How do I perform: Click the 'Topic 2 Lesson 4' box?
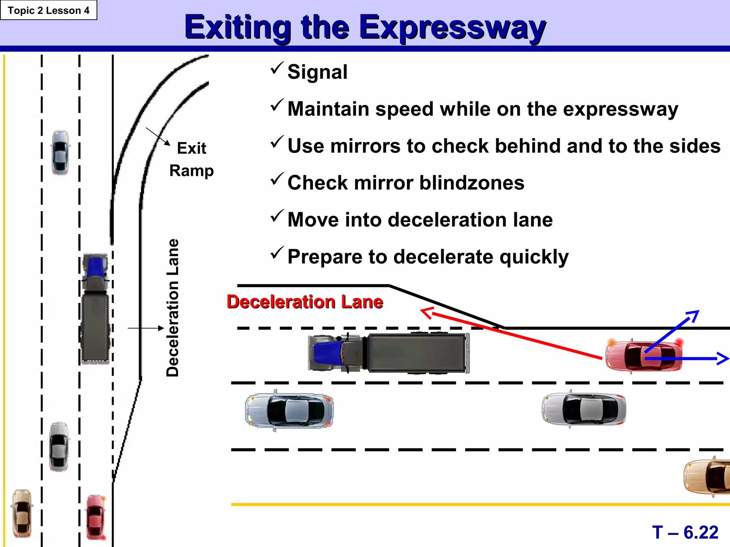(x=48, y=10)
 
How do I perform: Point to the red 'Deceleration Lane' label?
(x=305, y=302)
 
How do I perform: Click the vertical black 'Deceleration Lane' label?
(x=173, y=308)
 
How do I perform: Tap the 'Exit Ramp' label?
(x=192, y=159)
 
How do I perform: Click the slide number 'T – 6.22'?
(x=685, y=532)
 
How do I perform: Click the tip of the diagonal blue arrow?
(x=697, y=312)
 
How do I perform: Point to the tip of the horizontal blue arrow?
(x=727, y=359)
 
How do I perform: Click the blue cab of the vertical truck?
(x=95, y=266)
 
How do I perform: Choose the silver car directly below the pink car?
(x=584, y=409)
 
